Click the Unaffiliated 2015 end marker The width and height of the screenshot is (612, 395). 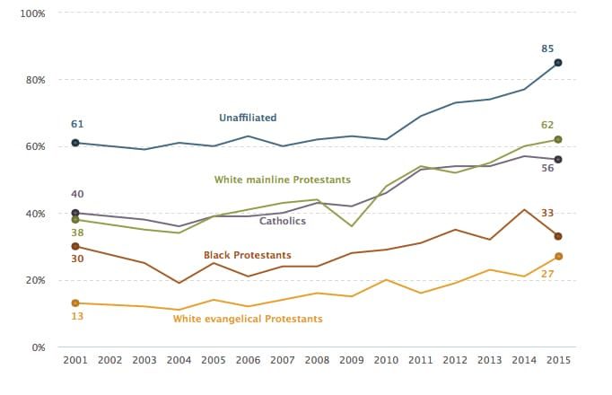(558, 63)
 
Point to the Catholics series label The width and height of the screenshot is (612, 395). (283, 221)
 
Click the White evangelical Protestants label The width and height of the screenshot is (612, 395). (248, 319)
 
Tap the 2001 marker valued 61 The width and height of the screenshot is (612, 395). (75, 143)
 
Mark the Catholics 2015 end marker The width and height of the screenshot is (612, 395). (558, 160)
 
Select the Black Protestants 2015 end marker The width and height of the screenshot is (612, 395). (558, 236)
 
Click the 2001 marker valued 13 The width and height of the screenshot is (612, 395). (75, 303)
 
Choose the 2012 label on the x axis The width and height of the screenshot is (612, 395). (455, 361)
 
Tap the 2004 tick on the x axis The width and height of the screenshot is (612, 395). (179, 361)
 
